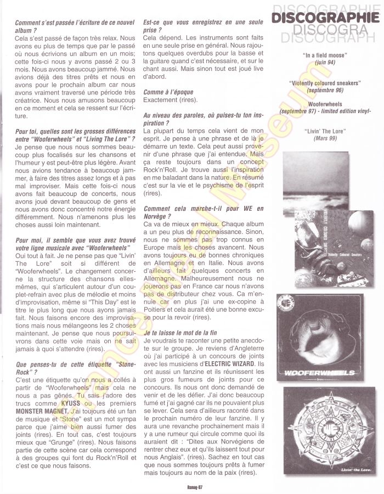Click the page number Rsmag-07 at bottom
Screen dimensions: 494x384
191,485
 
